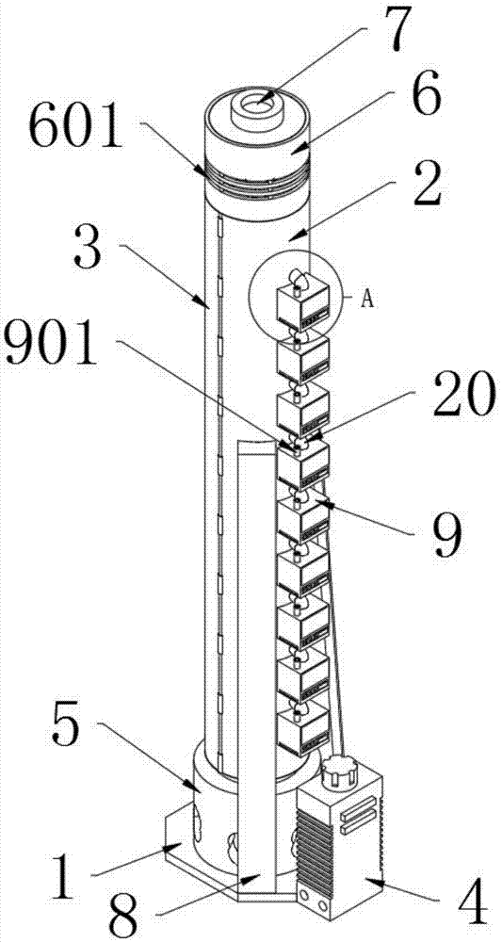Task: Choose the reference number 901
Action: [53, 343]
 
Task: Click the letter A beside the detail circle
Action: [367, 299]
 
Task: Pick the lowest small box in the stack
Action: [303, 729]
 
